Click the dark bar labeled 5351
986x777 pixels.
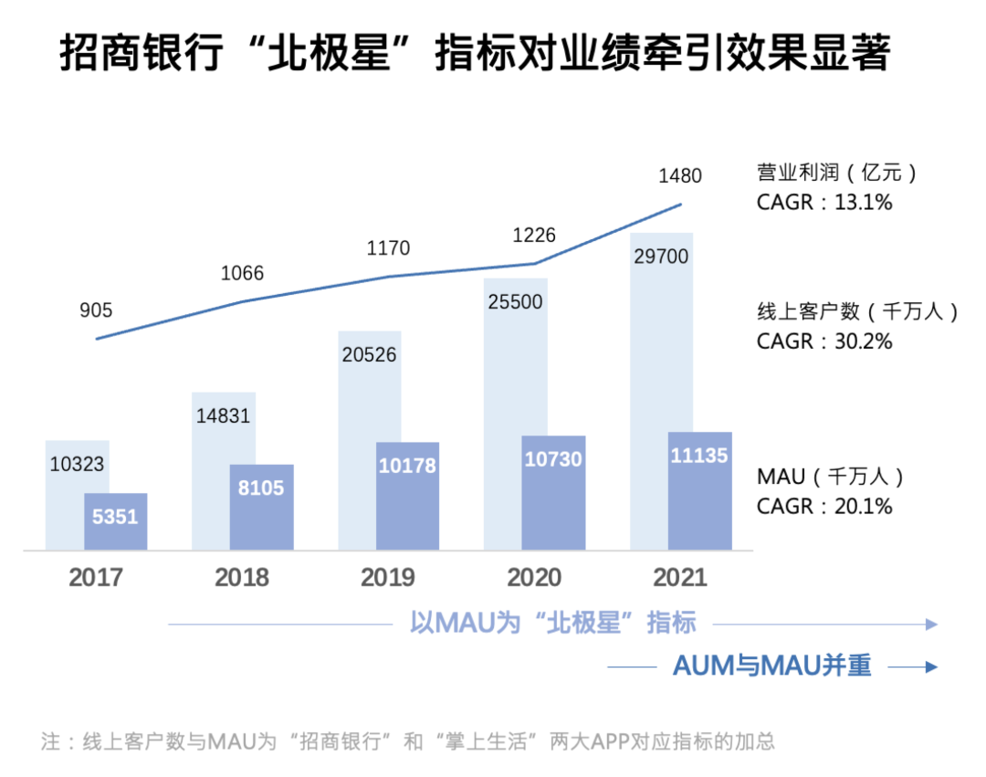(x=115, y=521)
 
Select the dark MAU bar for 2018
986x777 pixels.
(x=261, y=507)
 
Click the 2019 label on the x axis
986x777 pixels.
(x=388, y=578)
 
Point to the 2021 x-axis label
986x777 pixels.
(x=680, y=578)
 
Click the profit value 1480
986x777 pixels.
(x=680, y=175)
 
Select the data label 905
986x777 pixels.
(x=96, y=310)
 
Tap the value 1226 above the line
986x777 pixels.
(x=534, y=235)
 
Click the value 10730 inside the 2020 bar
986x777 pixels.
(x=553, y=459)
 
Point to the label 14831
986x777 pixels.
(x=223, y=415)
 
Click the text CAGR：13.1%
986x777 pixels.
(x=824, y=202)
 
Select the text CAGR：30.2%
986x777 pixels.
(x=824, y=341)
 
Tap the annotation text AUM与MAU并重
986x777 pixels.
(x=771, y=667)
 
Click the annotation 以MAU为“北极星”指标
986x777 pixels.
(x=552, y=624)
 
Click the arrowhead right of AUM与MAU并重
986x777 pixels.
(x=931, y=667)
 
